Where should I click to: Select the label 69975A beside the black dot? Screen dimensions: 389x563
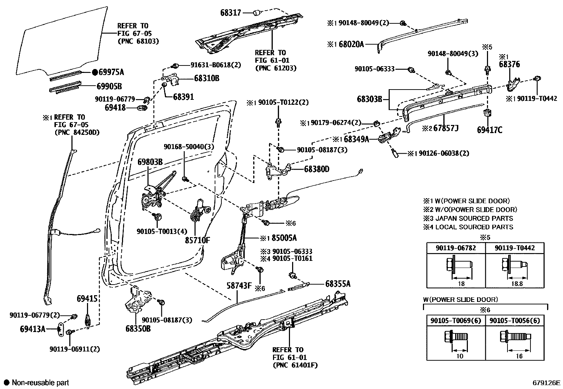(x=111, y=73)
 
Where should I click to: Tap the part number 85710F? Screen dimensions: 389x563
(x=197, y=240)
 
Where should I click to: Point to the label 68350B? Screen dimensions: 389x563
(x=138, y=328)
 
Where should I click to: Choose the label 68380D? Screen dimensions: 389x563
(x=317, y=169)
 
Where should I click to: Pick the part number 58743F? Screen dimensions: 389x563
(x=239, y=285)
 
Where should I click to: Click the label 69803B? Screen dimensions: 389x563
(x=150, y=162)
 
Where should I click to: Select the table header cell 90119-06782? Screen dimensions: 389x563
(x=455, y=248)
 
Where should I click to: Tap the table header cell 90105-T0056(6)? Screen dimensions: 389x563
(x=515, y=321)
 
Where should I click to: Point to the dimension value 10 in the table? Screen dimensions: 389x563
(x=459, y=356)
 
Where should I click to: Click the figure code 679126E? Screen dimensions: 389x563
(x=547, y=383)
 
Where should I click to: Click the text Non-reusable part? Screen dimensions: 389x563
(x=40, y=383)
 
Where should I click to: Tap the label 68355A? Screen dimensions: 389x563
(x=338, y=284)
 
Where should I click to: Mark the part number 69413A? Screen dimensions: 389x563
(x=33, y=329)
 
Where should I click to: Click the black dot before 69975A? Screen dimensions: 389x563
(x=94, y=73)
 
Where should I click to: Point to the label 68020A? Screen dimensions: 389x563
(x=351, y=44)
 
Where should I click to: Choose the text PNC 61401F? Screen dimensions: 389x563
(x=295, y=365)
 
